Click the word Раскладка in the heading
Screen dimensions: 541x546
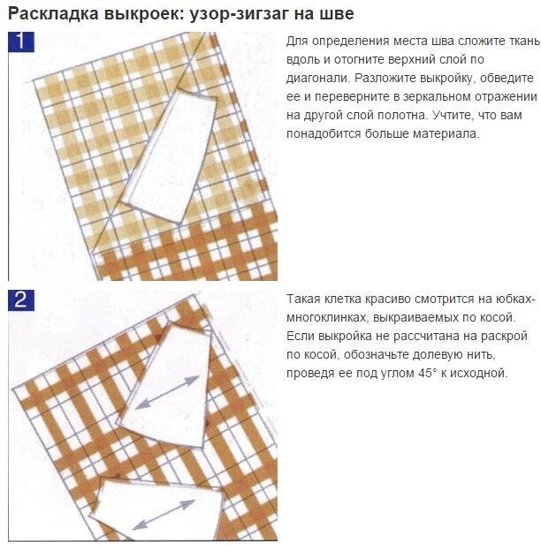click(53, 15)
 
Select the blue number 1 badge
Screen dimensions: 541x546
click(21, 42)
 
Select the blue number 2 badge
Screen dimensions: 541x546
click(21, 300)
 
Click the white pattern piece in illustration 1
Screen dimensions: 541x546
click(169, 156)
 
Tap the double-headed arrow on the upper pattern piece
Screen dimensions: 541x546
click(167, 392)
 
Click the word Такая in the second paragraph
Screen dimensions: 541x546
click(303, 300)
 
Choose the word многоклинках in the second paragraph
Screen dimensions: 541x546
click(326, 317)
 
